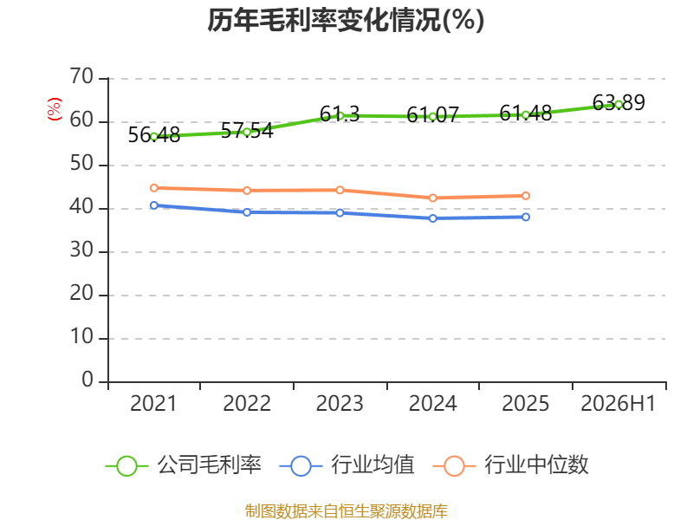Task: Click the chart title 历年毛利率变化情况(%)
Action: click(x=346, y=20)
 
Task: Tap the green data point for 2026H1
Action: click(x=619, y=105)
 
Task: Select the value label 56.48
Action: click(x=154, y=135)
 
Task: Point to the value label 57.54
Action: click(x=247, y=131)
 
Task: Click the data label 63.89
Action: click(x=619, y=102)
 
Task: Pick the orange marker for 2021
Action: click(x=154, y=188)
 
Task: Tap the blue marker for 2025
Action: click(x=526, y=217)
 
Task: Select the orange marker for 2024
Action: click(x=432, y=198)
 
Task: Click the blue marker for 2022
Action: click(x=247, y=212)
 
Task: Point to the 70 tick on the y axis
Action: click(x=81, y=77)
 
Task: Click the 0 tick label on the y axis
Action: click(x=87, y=380)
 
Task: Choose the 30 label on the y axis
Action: click(x=81, y=250)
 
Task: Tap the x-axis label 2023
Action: click(x=340, y=404)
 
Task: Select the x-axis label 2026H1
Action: click(x=618, y=404)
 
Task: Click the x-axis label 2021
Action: click(x=153, y=404)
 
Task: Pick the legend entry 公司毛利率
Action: click(x=184, y=465)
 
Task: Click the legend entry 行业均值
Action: click(x=347, y=465)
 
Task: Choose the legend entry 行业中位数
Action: click(x=511, y=465)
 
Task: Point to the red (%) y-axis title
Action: click(x=55, y=109)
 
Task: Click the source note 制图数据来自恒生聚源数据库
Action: click(x=346, y=511)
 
